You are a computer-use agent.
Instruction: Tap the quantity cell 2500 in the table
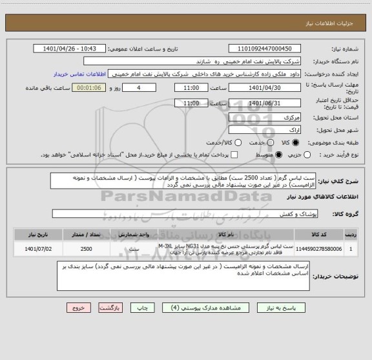pyautogui.click(x=86, y=248)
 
